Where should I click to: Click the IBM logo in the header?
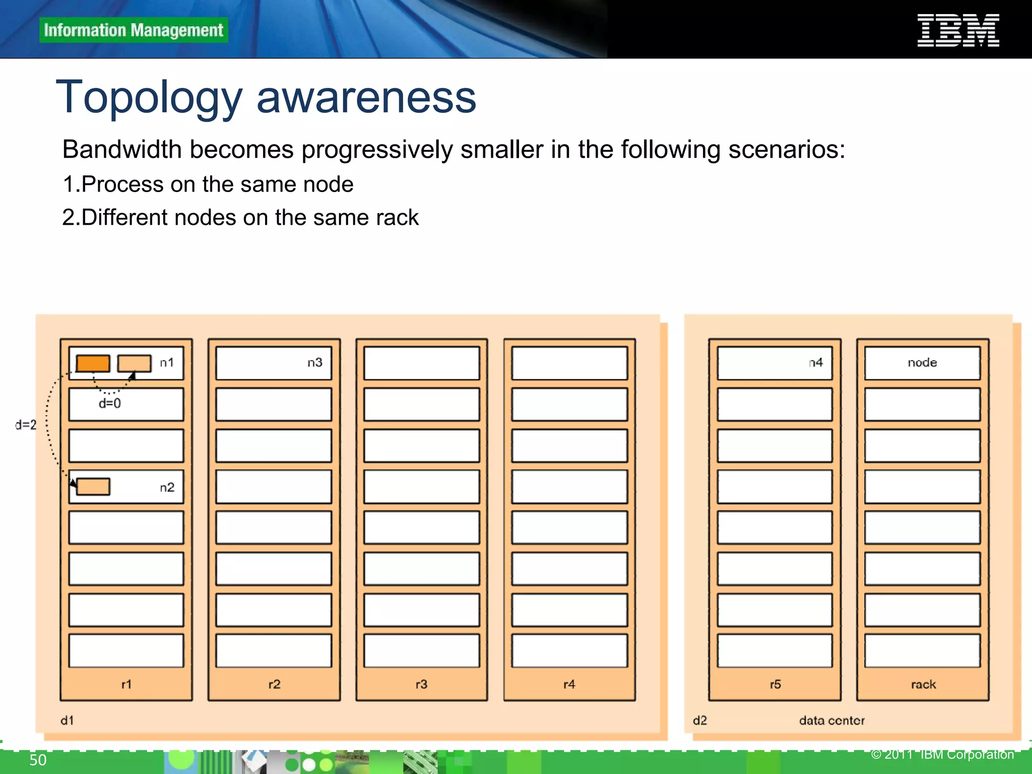[x=957, y=30]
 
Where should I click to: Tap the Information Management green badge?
[x=134, y=30]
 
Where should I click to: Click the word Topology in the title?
[x=149, y=98]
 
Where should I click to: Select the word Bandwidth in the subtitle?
[x=121, y=150]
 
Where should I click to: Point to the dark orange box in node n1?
[x=93, y=363]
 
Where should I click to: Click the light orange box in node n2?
[x=93, y=487]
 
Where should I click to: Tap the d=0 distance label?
[x=110, y=403]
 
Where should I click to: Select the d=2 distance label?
[x=26, y=425]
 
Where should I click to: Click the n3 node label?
[x=315, y=362]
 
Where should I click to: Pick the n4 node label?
[x=816, y=362]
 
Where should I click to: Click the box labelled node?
[x=922, y=363]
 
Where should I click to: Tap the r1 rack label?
[x=126, y=684]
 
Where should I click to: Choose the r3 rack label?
[x=422, y=684]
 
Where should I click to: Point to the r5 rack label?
[x=776, y=684]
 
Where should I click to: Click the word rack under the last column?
[x=923, y=684]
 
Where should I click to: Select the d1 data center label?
[x=67, y=721]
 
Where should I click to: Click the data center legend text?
[x=831, y=721]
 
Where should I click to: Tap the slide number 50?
[x=38, y=760]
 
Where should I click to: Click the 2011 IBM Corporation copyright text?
[x=942, y=754]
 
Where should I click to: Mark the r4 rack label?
[x=569, y=684]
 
